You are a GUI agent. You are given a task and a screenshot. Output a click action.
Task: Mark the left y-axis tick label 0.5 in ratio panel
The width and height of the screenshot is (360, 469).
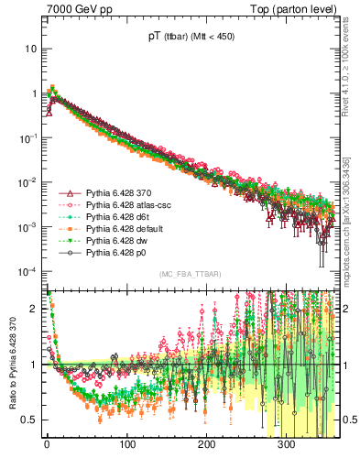(x=29, y=420)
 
